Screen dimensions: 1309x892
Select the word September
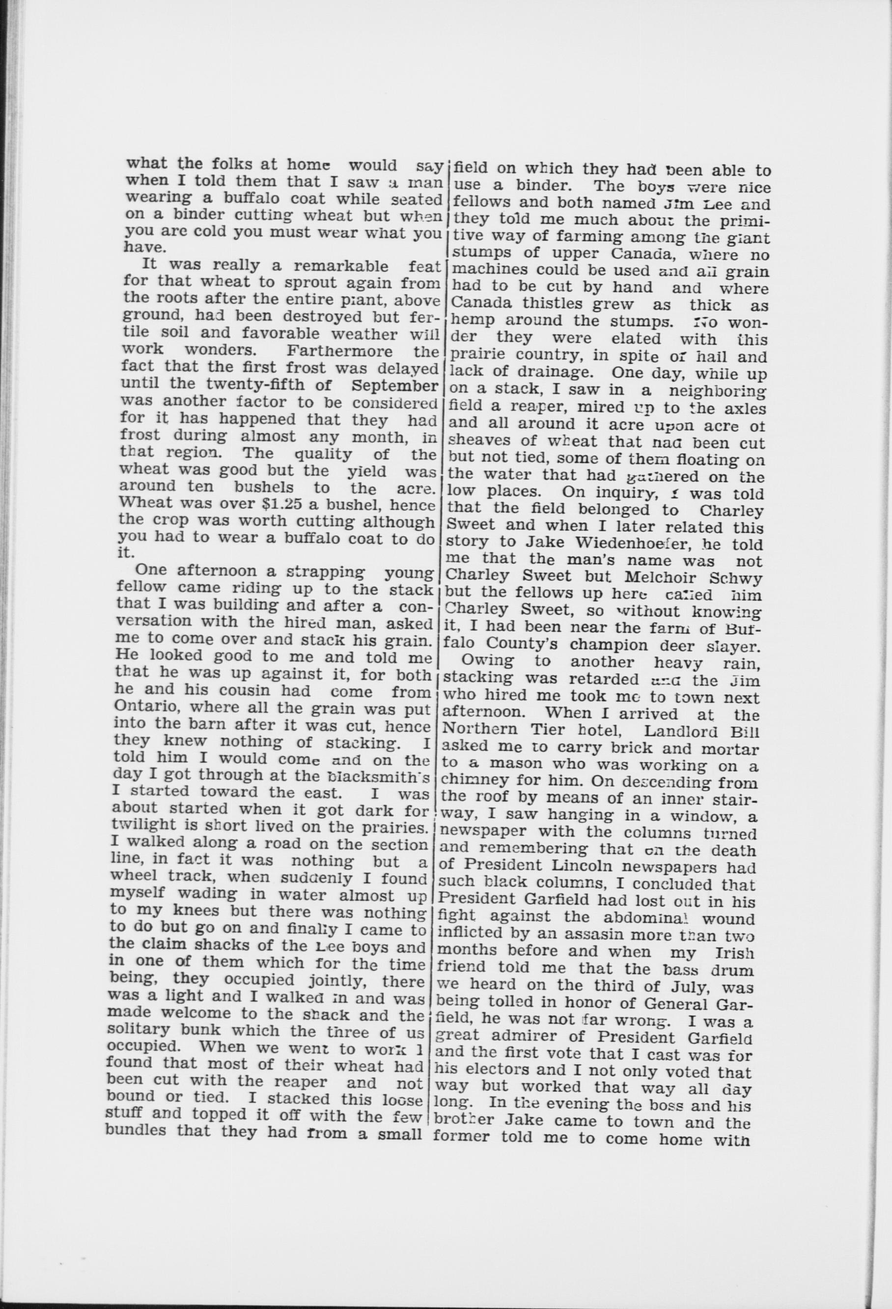(x=395, y=386)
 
